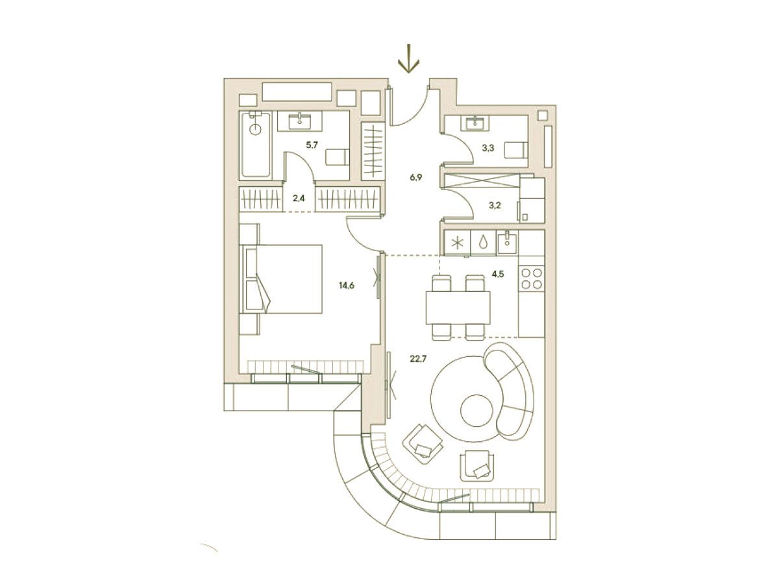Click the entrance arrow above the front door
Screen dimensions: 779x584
[x=409, y=58]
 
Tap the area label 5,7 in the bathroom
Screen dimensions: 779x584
[x=312, y=145]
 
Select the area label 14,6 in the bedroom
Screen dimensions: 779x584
[x=347, y=286]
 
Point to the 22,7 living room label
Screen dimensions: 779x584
[x=418, y=359]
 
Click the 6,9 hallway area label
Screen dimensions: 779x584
[x=416, y=178]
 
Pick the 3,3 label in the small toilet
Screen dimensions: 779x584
[x=488, y=148]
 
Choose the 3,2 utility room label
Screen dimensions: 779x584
[x=495, y=205]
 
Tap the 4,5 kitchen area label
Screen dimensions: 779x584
[x=497, y=274]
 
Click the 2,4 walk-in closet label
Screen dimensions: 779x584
[x=299, y=199]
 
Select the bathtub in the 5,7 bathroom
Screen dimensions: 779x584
[x=256, y=145]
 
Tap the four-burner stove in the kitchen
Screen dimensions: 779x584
[x=532, y=279]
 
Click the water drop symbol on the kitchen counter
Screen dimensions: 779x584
[x=483, y=243]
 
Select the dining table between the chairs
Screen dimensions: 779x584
[x=458, y=308]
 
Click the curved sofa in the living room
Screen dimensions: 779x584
[x=510, y=392]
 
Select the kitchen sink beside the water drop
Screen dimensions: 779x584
[x=508, y=243]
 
